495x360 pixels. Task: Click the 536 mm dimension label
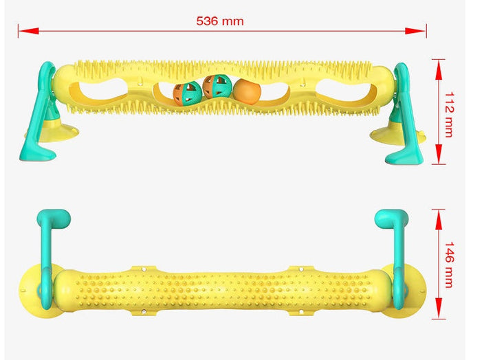(x=220, y=21)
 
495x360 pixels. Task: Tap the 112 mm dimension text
(x=449, y=115)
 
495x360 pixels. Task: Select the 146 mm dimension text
(x=449, y=265)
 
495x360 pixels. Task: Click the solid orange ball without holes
(x=247, y=91)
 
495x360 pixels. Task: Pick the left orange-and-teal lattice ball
(x=187, y=93)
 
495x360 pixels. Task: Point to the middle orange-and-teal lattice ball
(x=217, y=86)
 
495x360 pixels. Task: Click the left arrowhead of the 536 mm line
(x=28, y=31)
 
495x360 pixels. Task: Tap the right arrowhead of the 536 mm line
(x=415, y=31)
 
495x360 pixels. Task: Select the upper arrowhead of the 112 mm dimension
(x=439, y=69)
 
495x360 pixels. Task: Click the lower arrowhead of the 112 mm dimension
(x=439, y=155)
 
